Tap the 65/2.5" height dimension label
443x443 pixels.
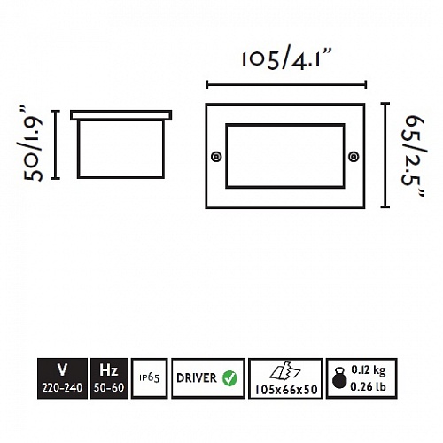414,156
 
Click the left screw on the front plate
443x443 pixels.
216,157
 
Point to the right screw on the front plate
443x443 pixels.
354,157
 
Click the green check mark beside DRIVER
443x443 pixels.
229,378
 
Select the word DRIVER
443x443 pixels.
197,378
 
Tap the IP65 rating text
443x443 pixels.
150,377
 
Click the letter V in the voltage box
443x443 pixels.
62,369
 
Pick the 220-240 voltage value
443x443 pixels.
62,387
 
